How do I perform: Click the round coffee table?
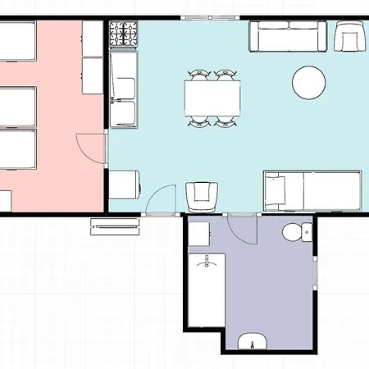[309, 81]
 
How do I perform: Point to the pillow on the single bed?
[275, 189]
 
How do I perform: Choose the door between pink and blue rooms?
[92, 151]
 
